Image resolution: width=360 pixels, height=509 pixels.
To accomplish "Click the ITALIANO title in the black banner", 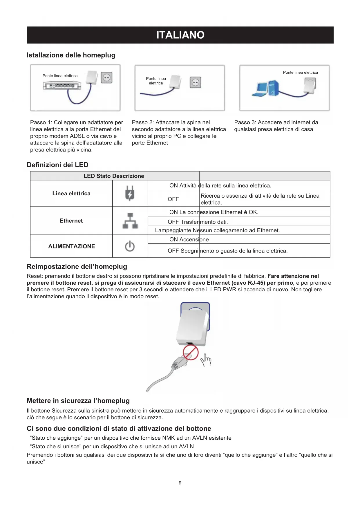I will (180, 35).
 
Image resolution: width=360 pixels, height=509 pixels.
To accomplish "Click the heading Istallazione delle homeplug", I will (71, 55).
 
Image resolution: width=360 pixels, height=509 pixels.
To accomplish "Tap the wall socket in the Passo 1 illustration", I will (106, 78).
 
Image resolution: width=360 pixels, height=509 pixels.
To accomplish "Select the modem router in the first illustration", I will (62, 86).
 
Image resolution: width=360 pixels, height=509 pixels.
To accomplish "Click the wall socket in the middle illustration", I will (195, 82).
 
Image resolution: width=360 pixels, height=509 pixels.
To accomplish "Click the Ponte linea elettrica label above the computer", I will (300, 73).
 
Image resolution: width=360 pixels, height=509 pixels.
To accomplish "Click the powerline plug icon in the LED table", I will (130, 193).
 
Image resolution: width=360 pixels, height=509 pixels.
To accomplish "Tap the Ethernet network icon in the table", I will (130, 221).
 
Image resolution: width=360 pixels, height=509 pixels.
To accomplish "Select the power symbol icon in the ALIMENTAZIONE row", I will (130, 246).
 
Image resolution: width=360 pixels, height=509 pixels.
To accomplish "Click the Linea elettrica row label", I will (71, 194).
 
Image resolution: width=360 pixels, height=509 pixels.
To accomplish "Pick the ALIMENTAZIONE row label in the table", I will (72, 246).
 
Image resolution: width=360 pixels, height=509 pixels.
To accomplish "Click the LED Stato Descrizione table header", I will (114, 176).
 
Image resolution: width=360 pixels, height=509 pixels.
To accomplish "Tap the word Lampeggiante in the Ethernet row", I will (173, 230).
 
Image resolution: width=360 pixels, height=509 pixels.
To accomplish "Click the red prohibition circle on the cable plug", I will (191, 353).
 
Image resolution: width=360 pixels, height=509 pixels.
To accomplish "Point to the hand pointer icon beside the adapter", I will (206, 360).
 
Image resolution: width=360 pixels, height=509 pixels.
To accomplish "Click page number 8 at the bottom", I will (180, 483).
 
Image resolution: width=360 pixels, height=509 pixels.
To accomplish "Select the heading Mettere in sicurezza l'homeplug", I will (78, 401).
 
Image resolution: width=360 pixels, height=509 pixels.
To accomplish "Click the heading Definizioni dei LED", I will (57, 165).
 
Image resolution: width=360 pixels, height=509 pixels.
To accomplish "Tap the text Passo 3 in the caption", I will (245, 122).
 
